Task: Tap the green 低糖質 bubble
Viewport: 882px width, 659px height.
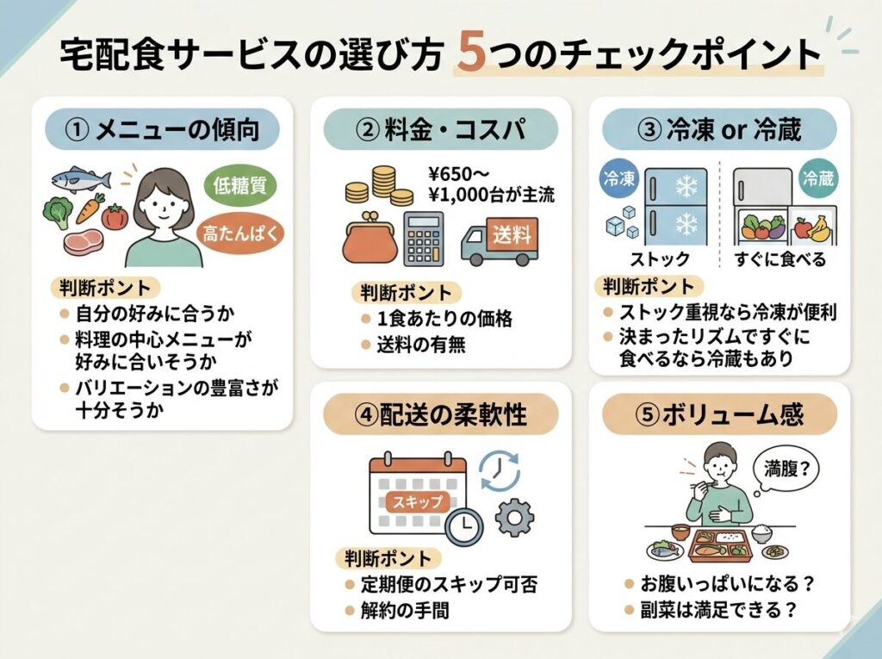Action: (x=239, y=186)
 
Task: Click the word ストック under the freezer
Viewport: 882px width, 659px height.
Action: (x=659, y=258)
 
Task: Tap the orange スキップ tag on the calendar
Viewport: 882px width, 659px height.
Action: (x=418, y=501)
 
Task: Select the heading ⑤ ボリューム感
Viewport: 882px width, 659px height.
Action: (x=719, y=414)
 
